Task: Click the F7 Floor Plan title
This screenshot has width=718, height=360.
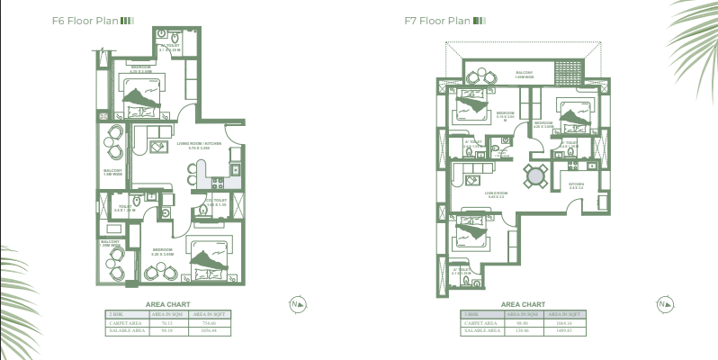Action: [438, 20]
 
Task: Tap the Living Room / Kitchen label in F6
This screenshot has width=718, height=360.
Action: [199, 144]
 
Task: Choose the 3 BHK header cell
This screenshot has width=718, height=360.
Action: [477, 314]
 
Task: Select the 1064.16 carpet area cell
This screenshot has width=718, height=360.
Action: [564, 322]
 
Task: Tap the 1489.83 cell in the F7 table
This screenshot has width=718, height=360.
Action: [564, 330]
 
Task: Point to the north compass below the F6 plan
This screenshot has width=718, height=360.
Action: [297, 304]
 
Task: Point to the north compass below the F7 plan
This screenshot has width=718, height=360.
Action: [664, 304]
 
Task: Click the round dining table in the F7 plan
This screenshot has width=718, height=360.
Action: [535, 175]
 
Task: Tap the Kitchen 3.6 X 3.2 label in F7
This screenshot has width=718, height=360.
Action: [577, 185]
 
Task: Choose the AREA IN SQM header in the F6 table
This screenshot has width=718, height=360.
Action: [166, 314]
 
